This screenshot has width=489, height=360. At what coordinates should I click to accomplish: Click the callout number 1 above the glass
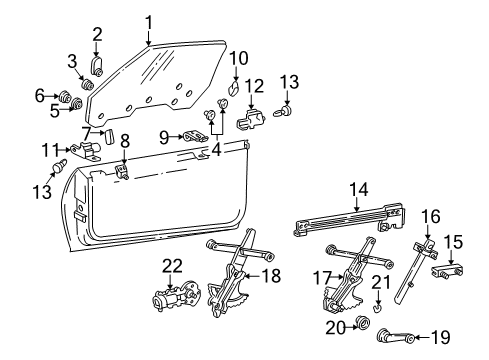tap(148, 20)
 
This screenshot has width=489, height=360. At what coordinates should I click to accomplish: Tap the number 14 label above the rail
tap(358, 188)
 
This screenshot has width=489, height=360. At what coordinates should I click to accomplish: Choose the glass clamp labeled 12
tap(251, 120)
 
